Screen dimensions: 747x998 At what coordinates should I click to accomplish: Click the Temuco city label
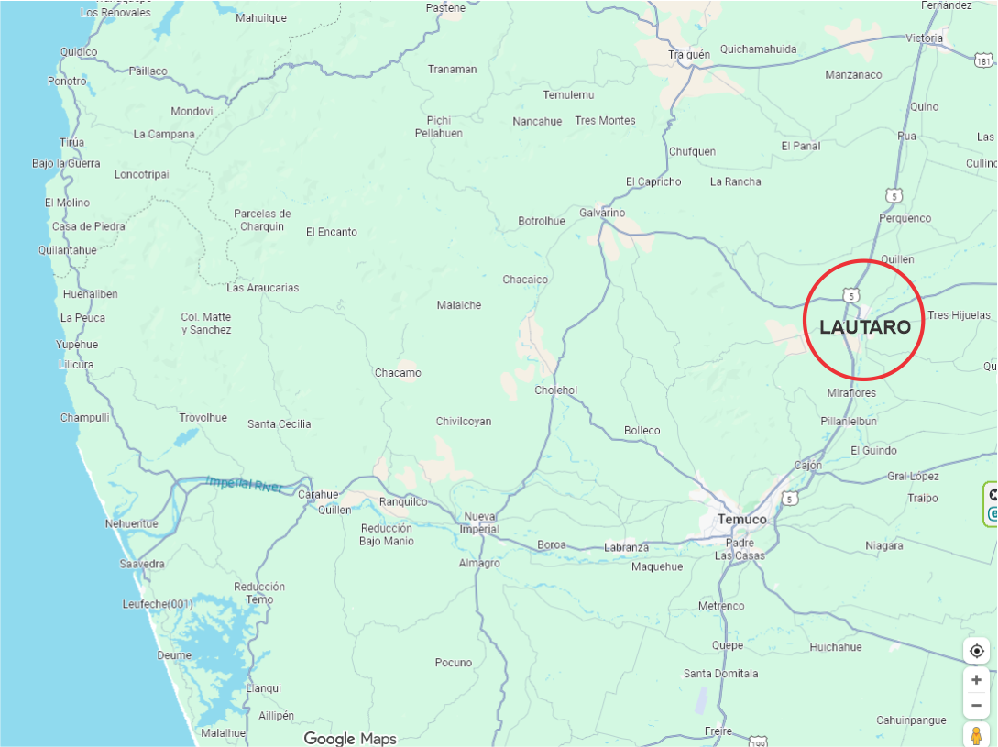coord(742,520)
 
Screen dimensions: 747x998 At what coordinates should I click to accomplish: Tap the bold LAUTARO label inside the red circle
coord(864,327)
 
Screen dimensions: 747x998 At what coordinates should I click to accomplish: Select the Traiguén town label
coord(689,55)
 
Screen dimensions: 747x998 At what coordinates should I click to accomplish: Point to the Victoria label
coord(924,38)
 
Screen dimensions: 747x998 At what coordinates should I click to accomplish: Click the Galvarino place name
coord(602,214)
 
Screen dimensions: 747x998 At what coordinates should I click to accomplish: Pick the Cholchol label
coord(556,390)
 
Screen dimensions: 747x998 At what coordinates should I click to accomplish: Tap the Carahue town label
coord(318,495)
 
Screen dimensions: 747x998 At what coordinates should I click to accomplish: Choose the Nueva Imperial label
coord(480,522)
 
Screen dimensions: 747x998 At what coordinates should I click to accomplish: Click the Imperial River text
coord(246,483)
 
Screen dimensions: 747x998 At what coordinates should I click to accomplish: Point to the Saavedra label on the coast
coord(142,564)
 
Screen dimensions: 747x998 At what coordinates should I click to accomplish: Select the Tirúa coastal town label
coord(71,143)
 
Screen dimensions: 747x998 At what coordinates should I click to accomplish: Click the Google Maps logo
coord(350,739)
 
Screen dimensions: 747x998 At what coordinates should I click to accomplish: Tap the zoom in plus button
coord(977,680)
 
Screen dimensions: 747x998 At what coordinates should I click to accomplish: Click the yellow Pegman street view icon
coord(977,735)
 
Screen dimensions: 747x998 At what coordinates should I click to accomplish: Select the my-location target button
coord(977,651)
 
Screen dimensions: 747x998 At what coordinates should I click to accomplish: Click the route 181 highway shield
coord(983,61)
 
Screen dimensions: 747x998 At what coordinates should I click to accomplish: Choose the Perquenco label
coord(905,218)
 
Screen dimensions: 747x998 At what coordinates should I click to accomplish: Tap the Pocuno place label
coord(454,663)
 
